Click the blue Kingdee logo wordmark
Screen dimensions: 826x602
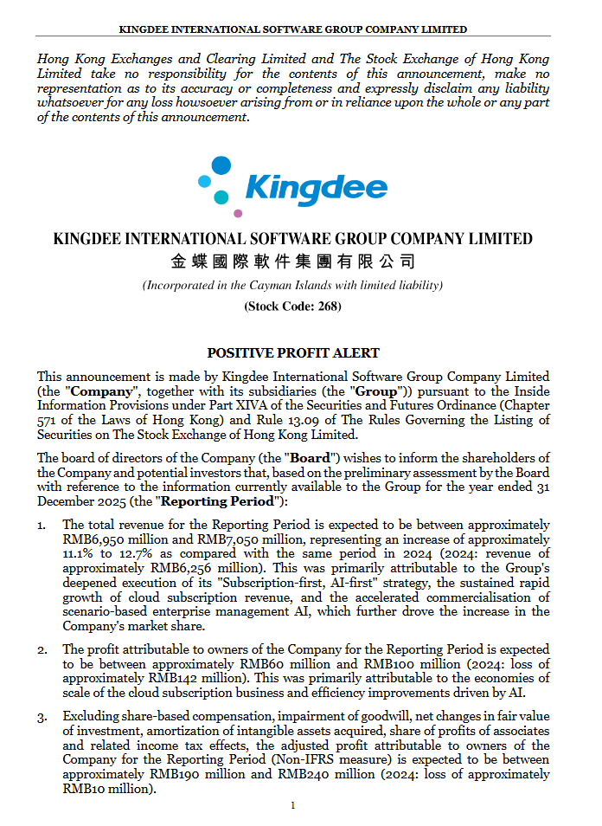[x=315, y=187]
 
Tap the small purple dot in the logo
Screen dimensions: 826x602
[x=238, y=213]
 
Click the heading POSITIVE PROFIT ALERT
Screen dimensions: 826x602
[x=293, y=353]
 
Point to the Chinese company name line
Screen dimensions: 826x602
[x=292, y=261]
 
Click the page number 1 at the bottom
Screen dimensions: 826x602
[x=293, y=806]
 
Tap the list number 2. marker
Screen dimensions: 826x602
[x=42, y=649]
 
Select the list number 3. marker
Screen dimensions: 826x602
[x=42, y=717]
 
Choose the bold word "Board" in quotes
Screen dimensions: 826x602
[x=309, y=458]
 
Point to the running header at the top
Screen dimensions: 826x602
[x=293, y=29]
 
